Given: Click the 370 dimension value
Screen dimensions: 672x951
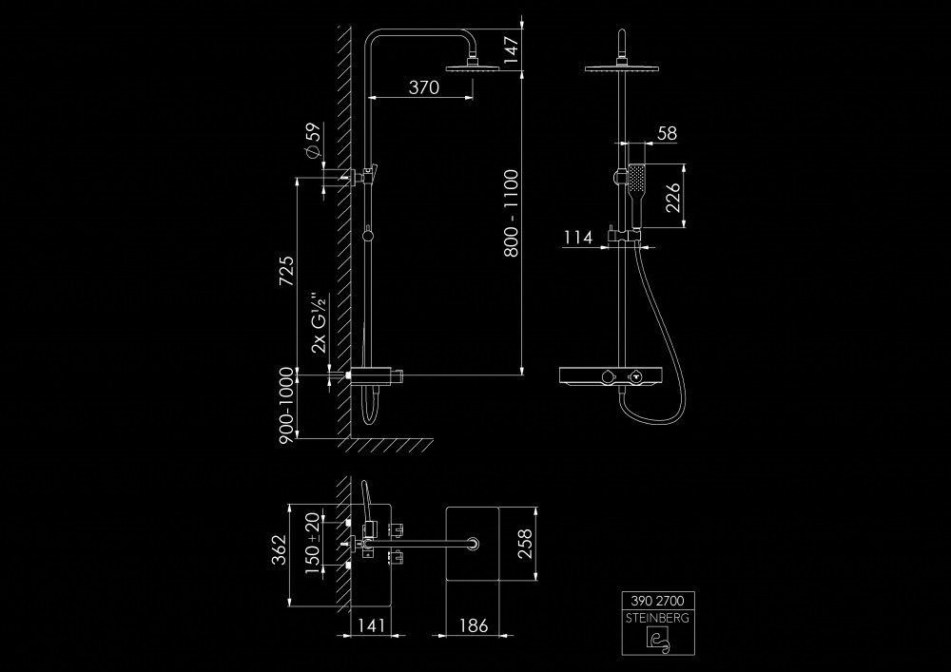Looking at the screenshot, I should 423,87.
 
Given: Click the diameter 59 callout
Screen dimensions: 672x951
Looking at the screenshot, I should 310,141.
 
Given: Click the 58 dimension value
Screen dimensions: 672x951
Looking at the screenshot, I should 667,134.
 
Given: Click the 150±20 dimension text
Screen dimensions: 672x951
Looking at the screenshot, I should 310,544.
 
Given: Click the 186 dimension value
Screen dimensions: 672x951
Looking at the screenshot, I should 473,625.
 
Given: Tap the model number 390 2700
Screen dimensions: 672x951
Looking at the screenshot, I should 658,601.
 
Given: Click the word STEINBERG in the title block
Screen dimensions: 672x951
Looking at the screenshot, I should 658,617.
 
